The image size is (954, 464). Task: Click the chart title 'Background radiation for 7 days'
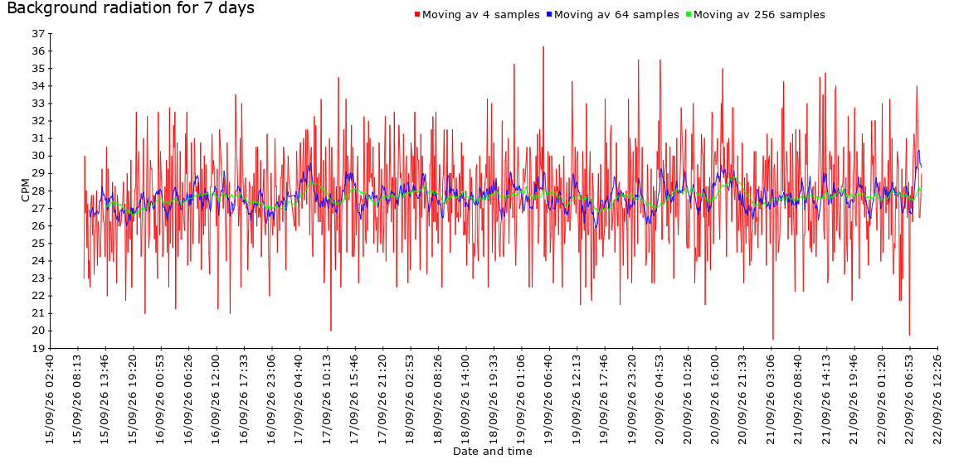[130, 8]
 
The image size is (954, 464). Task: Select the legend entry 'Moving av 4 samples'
[477, 15]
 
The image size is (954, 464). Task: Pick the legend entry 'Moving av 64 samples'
[613, 15]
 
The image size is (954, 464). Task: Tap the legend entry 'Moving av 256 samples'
[755, 15]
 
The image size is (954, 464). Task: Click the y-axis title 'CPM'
[25, 190]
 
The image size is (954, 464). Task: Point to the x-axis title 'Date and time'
[492, 452]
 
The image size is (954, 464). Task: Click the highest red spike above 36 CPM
[543, 46]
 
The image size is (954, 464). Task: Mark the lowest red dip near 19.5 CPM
[772, 339]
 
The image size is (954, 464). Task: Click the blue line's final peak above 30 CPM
[918, 151]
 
